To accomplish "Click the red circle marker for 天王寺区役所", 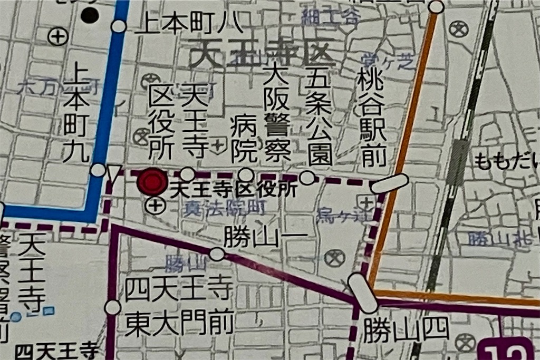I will (152, 182).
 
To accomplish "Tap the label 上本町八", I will (188, 25).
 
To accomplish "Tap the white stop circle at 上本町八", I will (119, 26).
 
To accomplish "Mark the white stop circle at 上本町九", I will (98, 170).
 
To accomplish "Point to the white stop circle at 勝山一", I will (217, 254).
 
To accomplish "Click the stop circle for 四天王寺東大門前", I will (113, 307).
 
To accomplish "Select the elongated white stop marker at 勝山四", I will (363, 293).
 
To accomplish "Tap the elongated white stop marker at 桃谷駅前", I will (389, 183).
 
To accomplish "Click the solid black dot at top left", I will (90, 15).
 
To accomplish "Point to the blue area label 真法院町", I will (224, 209).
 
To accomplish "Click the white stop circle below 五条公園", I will (307, 178).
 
